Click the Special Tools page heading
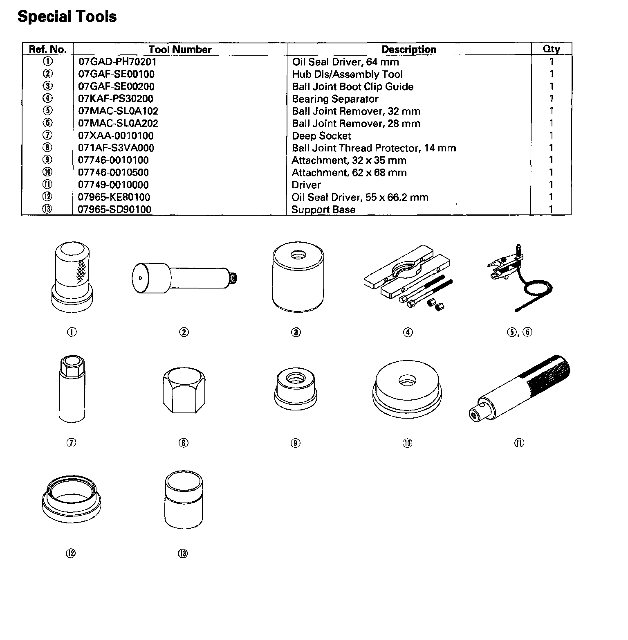(67, 16)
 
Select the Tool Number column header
(180, 50)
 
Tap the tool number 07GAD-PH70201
(117, 62)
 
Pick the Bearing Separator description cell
(335, 99)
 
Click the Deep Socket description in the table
(321, 136)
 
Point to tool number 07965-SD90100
(114, 210)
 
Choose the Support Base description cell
(323, 210)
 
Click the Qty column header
(551, 49)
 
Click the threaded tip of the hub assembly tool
(233, 279)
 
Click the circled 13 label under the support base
(183, 553)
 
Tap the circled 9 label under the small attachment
(295, 442)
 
